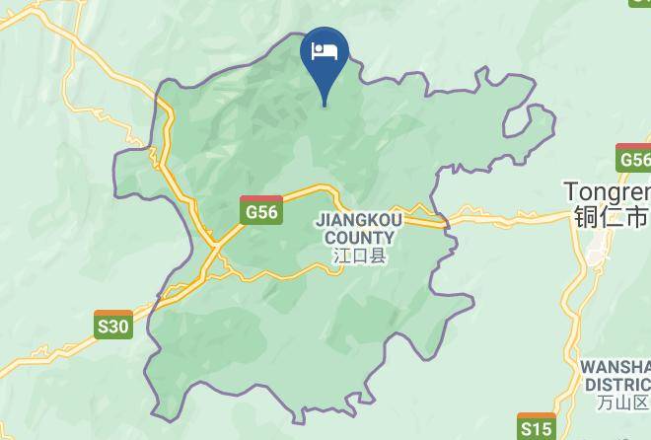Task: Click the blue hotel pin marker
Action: coord(325,57)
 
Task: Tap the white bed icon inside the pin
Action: coord(325,50)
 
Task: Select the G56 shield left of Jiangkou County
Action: coord(262,209)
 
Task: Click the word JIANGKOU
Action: coord(356,222)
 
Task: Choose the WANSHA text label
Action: coord(615,366)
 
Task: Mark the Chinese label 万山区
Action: coord(623,403)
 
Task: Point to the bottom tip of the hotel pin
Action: coord(325,105)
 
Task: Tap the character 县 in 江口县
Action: coord(378,256)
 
